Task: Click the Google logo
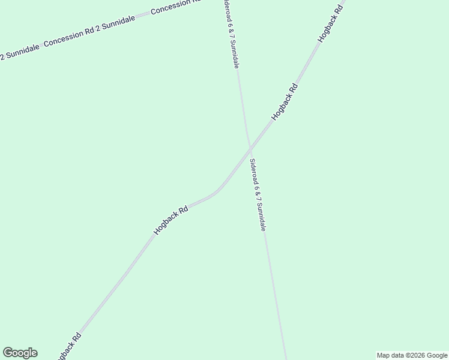pos(20,353)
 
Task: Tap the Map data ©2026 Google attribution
pos(412,355)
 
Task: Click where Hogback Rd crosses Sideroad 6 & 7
pos(250,148)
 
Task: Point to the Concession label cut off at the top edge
pos(178,6)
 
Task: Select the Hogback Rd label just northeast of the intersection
pos(285,102)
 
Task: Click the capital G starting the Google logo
pos(8,353)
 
